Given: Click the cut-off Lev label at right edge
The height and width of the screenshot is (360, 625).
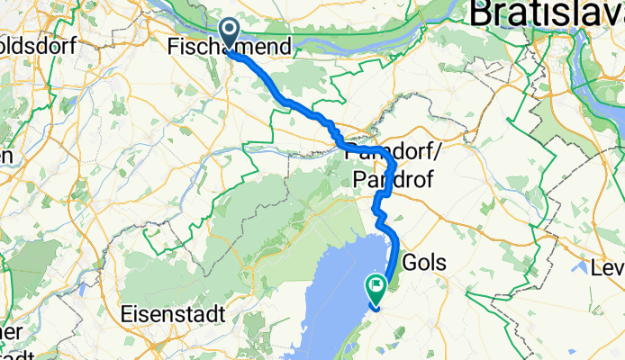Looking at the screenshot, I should click(608, 267).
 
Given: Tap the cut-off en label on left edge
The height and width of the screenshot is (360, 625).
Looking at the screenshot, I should click(5, 155).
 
